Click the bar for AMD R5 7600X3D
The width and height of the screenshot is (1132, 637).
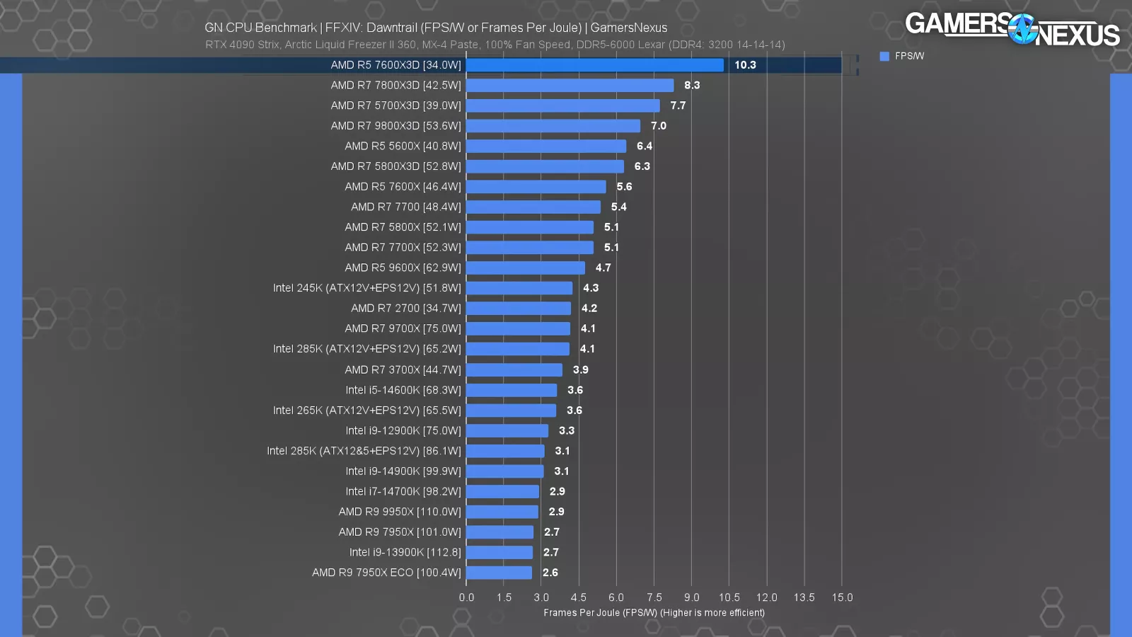tap(594, 65)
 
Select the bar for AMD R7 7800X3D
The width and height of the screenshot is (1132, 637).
tap(570, 86)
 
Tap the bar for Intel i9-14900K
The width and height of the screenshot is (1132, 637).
tap(504, 471)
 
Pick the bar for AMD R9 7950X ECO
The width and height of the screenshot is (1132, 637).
tap(499, 573)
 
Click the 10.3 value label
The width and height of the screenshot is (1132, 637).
tap(745, 65)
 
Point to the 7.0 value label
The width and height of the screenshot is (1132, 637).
tap(659, 126)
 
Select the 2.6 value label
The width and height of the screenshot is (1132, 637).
tap(550, 573)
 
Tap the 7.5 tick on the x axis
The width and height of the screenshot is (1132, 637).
tap(654, 597)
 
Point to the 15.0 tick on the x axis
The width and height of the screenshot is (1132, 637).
tap(842, 597)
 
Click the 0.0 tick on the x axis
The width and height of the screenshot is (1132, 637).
tap(466, 597)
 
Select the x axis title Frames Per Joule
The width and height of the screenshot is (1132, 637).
tap(654, 613)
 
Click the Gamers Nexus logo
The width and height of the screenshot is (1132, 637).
tap(1012, 28)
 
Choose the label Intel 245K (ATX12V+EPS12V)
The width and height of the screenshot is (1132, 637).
tap(366, 288)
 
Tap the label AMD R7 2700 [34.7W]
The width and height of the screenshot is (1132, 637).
tap(405, 309)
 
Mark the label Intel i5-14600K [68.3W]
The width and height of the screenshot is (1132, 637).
tap(403, 390)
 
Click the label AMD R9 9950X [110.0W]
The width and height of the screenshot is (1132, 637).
tap(399, 512)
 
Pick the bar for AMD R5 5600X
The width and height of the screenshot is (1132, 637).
tap(545, 147)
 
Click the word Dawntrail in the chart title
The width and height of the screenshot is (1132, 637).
tap(391, 28)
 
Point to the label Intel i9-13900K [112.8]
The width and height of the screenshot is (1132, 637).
tap(405, 552)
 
